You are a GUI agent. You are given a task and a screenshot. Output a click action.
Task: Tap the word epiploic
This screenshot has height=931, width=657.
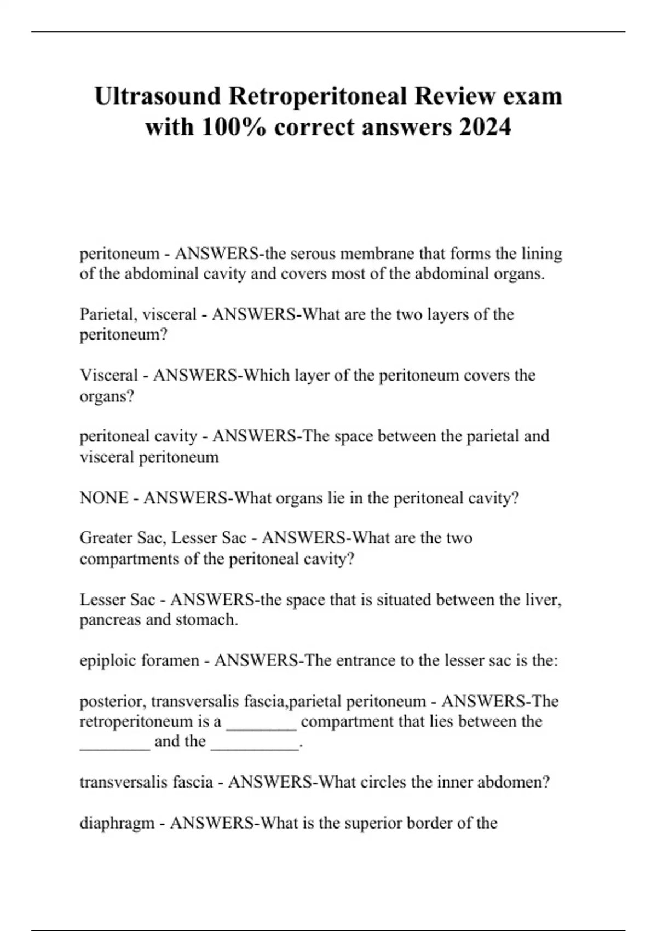(x=108, y=660)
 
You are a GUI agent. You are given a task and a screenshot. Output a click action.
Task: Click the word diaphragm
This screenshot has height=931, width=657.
(x=117, y=823)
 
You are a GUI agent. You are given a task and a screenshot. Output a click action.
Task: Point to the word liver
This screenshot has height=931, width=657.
(x=541, y=600)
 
